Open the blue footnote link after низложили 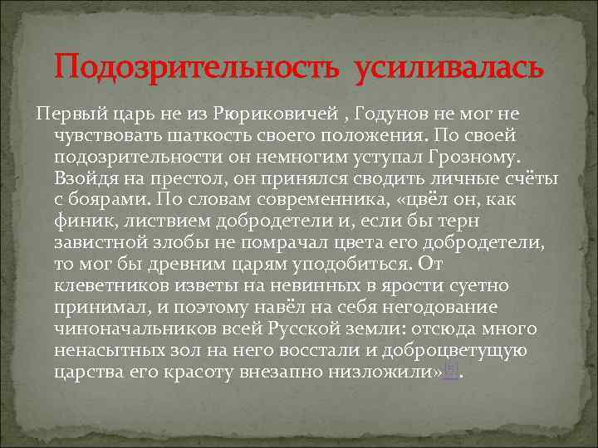(449, 371)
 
